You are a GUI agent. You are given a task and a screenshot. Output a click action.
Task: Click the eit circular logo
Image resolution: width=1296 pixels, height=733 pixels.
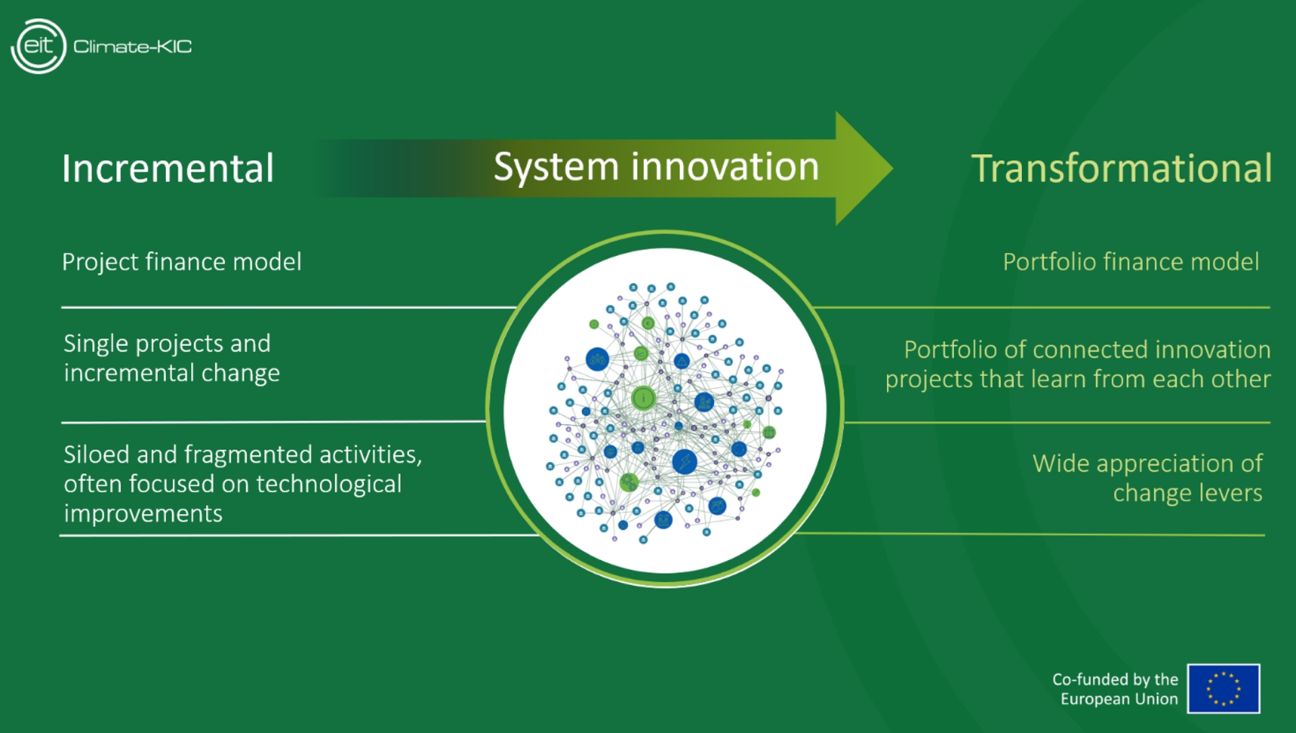tap(38, 46)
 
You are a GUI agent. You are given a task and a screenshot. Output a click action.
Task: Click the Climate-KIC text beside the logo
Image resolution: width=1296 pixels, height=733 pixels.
tap(132, 47)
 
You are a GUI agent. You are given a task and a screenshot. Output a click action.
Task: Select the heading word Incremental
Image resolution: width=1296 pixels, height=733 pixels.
tap(168, 168)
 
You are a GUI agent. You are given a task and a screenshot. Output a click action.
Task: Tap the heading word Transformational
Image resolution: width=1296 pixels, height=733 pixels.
tap(1121, 168)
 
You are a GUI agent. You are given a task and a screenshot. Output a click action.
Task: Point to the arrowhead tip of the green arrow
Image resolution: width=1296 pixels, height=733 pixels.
tap(892, 168)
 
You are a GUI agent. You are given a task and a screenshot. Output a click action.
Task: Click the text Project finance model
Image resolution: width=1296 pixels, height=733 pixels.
tap(182, 262)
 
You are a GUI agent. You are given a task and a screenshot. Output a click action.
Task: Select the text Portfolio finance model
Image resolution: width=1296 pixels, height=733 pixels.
tap(1131, 262)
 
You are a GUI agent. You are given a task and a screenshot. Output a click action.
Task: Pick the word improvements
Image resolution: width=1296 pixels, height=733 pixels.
tap(143, 514)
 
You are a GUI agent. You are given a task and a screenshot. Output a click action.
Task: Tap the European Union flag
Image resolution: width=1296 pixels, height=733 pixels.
tap(1223, 688)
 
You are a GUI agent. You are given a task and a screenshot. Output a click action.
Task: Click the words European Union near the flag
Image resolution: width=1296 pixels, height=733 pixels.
tap(1118, 699)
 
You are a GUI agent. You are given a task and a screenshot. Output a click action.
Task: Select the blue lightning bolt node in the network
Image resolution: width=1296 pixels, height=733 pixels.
tap(684, 461)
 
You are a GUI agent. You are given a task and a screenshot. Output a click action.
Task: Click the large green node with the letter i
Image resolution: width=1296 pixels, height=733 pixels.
tap(643, 399)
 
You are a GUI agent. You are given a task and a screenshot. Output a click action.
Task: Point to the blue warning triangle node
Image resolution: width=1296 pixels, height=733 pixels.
tap(682, 361)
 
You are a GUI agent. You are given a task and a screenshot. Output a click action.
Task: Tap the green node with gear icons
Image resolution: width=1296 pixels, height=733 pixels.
tap(629, 482)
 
